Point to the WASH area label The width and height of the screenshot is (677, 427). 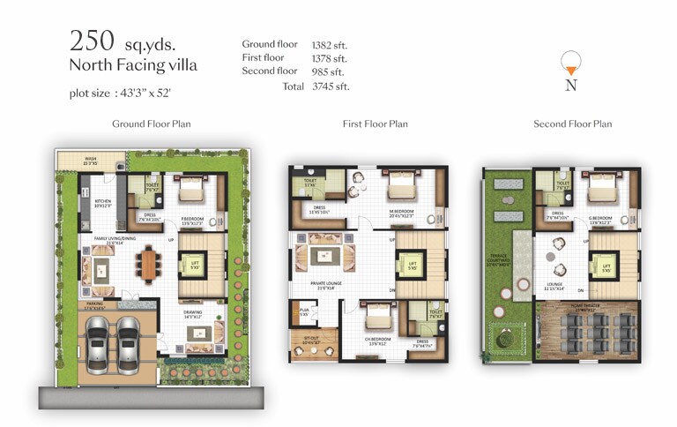click(91, 161)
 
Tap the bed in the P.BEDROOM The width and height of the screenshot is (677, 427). click(192, 191)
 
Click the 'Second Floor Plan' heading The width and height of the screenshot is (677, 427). click(572, 124)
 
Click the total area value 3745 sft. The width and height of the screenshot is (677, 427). click(331, 86)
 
